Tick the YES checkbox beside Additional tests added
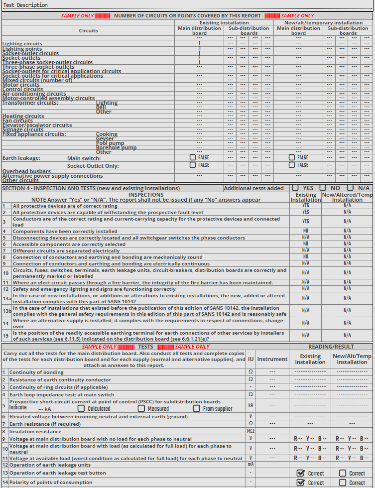click(295, 188)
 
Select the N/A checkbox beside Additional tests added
click(351, 188)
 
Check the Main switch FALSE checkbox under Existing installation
click(193, 157)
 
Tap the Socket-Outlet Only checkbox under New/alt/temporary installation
click(292, 165)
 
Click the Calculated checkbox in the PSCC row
click(81, 408)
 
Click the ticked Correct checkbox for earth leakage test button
click(300, 473)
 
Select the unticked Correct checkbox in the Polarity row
click(343, 483)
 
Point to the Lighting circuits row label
click(22, 44)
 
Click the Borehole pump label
click(116, 147)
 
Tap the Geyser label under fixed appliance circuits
click(105, 138)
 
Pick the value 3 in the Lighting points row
click(199, 49)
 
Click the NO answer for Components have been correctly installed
click(306, 231)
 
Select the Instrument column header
click(272, 359)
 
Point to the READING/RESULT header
click(331, 347)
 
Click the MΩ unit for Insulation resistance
click(250, 431)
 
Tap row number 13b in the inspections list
click(6, 311)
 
